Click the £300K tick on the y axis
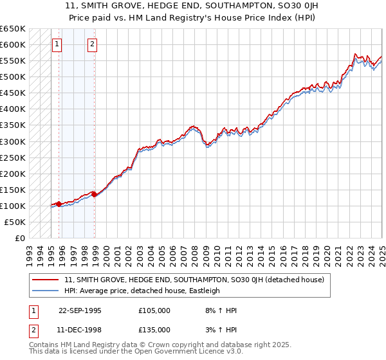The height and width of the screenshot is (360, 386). pyautogui.click(x=13, y=141)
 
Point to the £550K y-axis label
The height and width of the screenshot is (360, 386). pyautogui.click(x=13, y=61)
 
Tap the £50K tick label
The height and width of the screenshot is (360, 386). pyautogui.click(x=15, y=222)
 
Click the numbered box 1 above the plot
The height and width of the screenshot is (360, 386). pyautogui.click(x=57, y=44)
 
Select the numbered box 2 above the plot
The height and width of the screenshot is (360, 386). pyautogui.click(x=93, y=44)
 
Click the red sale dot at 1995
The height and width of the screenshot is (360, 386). pyautogui.click(x=59, y=204)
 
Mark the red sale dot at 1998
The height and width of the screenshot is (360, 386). pyautogui.click(x=95, y=194)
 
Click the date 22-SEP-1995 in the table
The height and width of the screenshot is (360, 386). pyautogui.click(x=80, y=310)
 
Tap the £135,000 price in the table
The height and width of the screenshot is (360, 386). pyautogui.click(x=154, y=329)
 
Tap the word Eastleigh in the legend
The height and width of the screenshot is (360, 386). pyautogui.click(x=203, y=291)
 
